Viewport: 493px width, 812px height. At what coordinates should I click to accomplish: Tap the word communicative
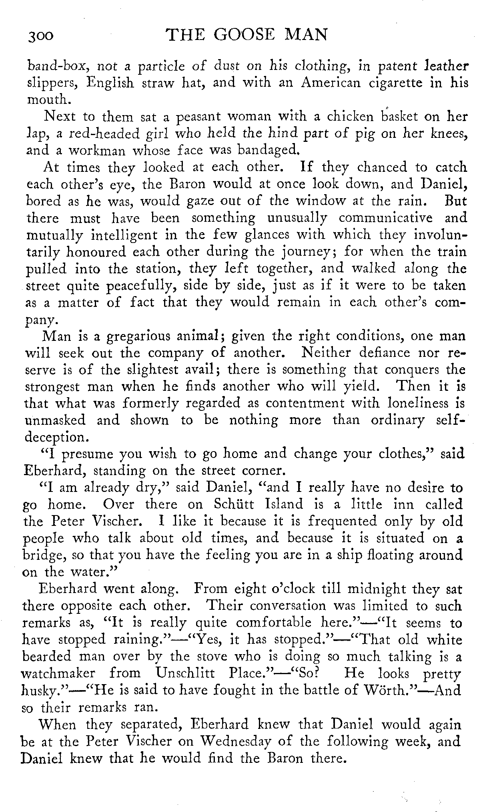[x=386, y=218]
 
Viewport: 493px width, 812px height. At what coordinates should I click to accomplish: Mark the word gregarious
[x=137, y=336]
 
